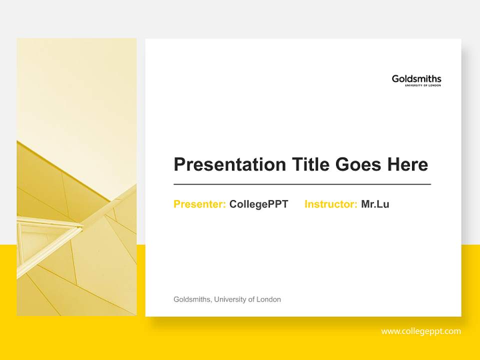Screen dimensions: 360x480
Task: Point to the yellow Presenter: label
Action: [199, 204]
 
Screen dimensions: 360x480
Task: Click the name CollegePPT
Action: [258, 204]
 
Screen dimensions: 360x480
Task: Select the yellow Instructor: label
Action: [330, 204]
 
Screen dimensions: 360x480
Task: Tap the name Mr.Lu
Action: [375, 204]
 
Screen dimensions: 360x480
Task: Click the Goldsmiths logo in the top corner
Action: [416, 79]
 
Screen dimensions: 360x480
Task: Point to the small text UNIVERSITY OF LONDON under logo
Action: [423, 85]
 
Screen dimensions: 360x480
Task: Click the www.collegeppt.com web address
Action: [421, 331]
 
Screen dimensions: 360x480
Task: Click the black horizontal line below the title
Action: [302, 184]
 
